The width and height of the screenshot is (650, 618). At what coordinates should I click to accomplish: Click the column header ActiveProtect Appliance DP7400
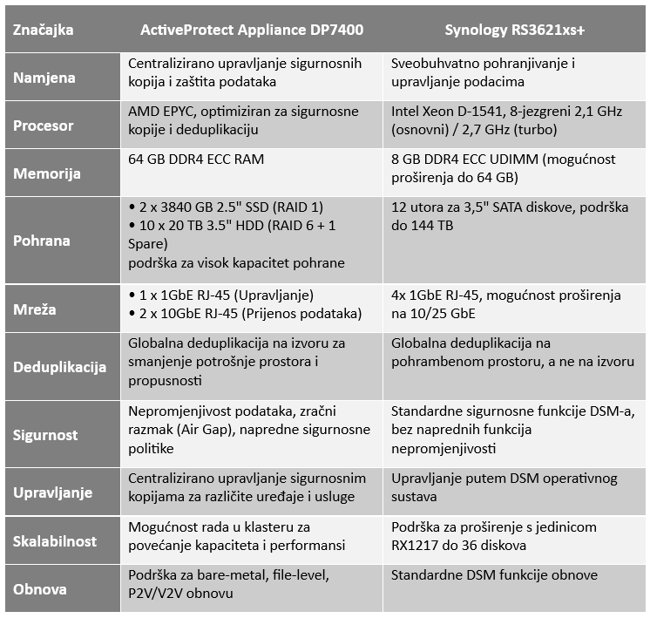pyautogui.click(x=252, y=30)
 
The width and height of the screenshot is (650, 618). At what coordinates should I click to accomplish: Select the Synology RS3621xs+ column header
pyautogui.click(x=514, y=30)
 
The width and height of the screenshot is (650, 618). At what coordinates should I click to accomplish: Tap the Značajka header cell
pyautogui.click(x=44, y=30)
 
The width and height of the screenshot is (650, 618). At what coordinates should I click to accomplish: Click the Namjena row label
pyautogui.click(x=44, y=78)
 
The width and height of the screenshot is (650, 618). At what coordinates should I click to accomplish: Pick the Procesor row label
pyautogui.click(x=44, y=126)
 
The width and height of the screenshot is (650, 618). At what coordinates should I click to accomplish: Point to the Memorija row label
pyautogui.click(x=47, y=173)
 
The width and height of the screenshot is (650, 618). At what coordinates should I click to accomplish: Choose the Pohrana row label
pyautogui.click(x=42, y=240)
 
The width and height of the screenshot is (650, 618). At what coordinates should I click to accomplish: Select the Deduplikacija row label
pyautogui.click(x=60, y=367)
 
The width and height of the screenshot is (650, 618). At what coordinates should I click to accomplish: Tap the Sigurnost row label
pyautogui.click(x=45, y=434)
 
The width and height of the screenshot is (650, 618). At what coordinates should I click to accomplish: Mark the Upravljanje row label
pyautogui.click(x=53, y=492)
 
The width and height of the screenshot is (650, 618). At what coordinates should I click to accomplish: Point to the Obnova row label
pyautogui.click(x=39, y=588)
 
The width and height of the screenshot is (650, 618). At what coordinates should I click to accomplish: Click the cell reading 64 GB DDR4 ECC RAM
pyautogui.click(x=196, y=160)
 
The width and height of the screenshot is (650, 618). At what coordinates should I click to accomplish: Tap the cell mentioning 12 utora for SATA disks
pyautogui.click(x=510, y=218)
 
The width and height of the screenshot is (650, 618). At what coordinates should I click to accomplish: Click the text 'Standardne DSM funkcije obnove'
pyautogui.click(x=495, y=575)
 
